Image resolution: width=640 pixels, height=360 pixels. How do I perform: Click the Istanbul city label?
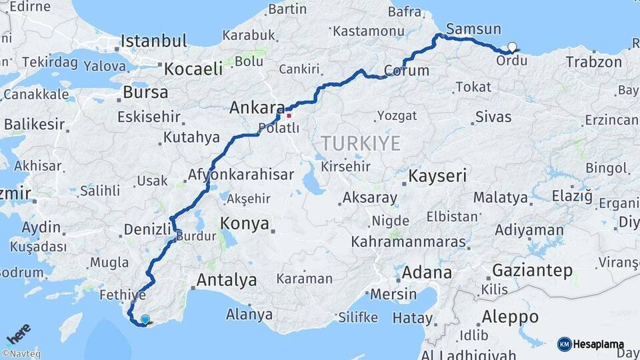pyautogui.click(x=154, y=41)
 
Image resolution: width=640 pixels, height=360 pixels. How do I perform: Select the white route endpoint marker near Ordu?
pyautogui.click(x=512, y=47)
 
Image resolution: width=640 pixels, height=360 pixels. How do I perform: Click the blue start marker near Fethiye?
pyautogui.click(x=145, y=319)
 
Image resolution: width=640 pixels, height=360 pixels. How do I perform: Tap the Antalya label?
pyautogui.click(x=227, y=280)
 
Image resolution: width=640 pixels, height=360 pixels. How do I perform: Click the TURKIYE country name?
pyautogui.click(x=361, y=143)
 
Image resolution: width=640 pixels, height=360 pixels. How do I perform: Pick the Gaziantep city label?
pyautogui.click(x=533, y=271)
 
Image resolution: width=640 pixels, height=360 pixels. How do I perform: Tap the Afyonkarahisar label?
pyautogui.click(x=241, y=175)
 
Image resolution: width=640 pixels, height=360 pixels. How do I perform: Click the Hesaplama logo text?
pyautogui.click(x=599, y=345)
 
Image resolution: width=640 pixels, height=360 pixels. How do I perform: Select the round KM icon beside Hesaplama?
pyautogui.click(x=565, y=345)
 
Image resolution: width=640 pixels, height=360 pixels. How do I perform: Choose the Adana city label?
pyautogui.click(x=427, y=273)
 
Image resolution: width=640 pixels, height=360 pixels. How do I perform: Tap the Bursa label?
pyautogui.click(x=145, y=93)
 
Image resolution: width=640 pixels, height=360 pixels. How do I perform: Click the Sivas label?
pyautogui.click(x=493, y=117)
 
